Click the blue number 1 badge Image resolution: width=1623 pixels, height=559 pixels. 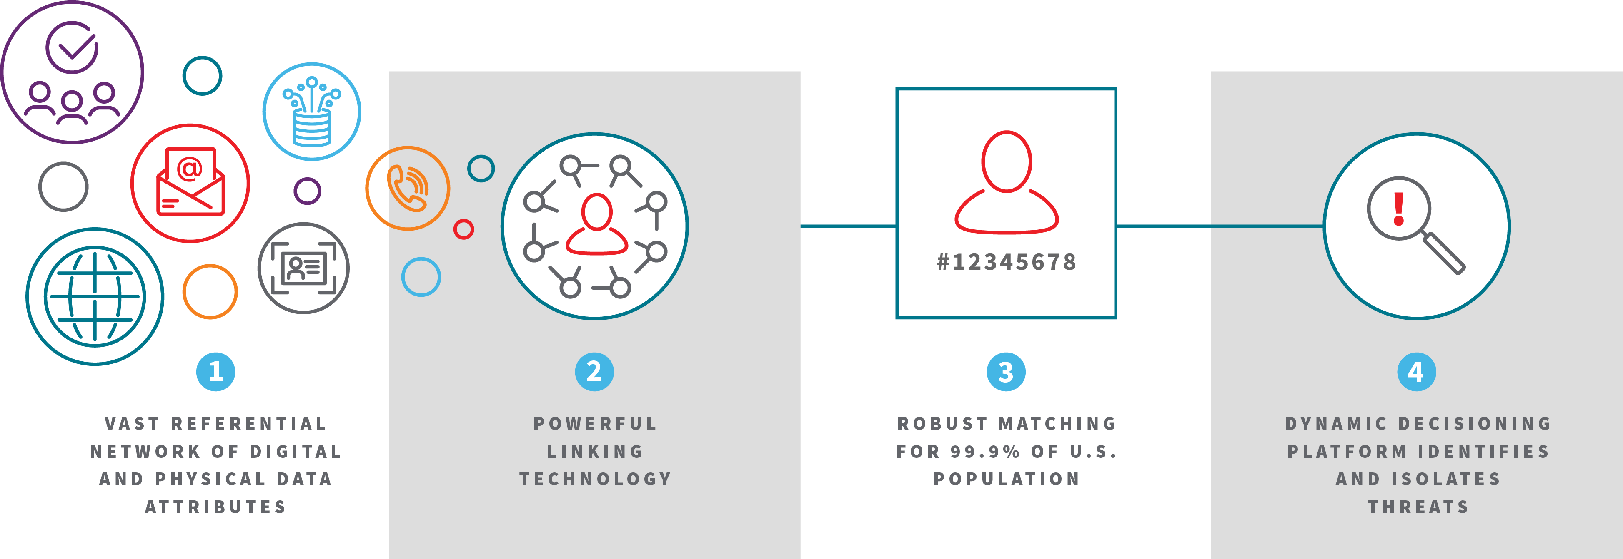click(x=215, y=372)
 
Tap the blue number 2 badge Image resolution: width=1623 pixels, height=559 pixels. click(x=594, y=372)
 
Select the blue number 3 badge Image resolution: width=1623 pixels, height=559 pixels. click(x=1006, y=372)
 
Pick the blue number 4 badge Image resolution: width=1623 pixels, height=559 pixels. click(x=1416, y=372)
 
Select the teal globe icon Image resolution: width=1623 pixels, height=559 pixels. click(x=95, y=296)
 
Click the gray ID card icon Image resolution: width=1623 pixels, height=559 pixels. click(x=304, y=268)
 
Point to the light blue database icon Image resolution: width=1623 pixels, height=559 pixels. click(x=311, y=112)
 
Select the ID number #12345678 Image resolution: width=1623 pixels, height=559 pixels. click(x=1006, y=262)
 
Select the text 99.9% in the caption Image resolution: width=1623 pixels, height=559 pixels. click(x=985, y=451)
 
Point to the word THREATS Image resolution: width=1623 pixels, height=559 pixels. click(x=1418, y=507)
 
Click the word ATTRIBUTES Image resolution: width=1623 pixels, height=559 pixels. click(x=215, y=507)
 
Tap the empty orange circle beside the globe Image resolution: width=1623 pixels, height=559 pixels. click(x=210, y=291)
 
